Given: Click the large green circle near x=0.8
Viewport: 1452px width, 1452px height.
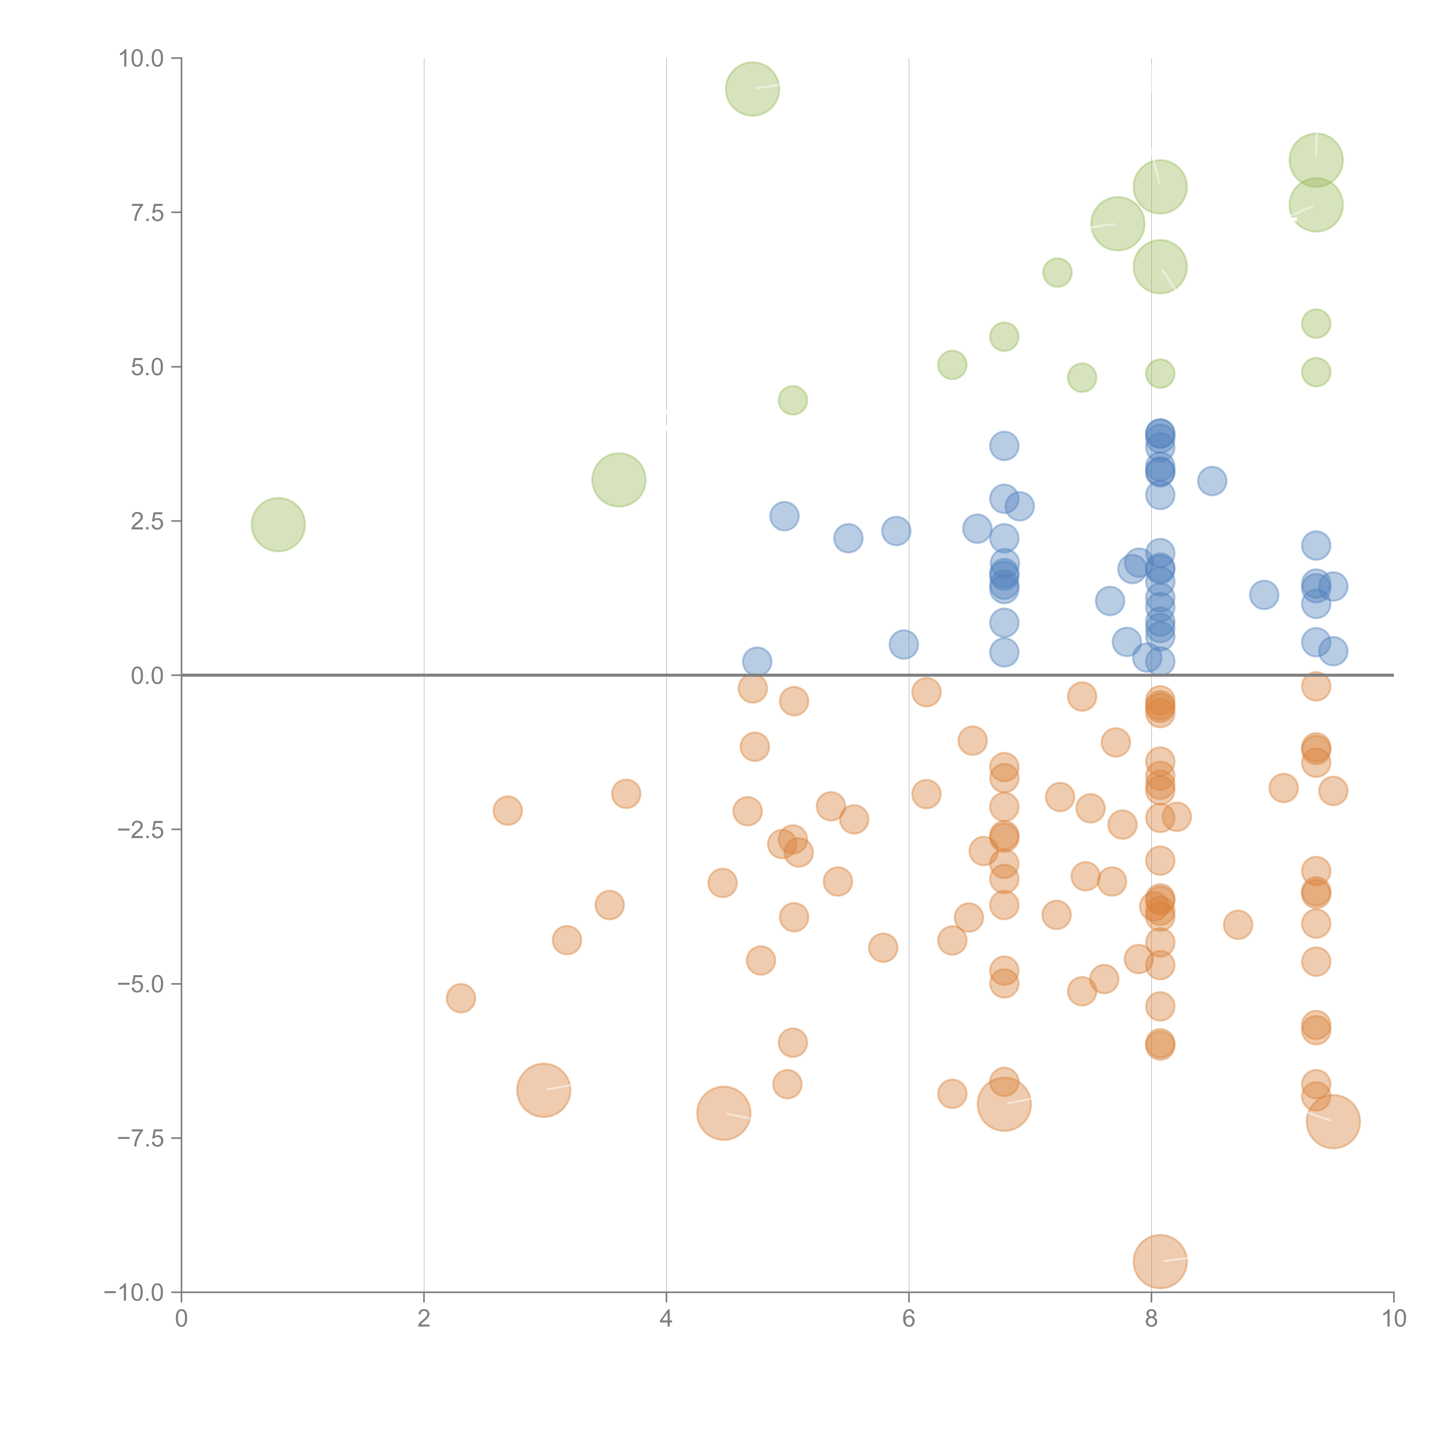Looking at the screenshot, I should tap(278, 524).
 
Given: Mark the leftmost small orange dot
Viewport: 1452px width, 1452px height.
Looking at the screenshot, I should tap(461, 998).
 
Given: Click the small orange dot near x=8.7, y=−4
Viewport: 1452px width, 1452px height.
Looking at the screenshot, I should tap(1238, 924).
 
